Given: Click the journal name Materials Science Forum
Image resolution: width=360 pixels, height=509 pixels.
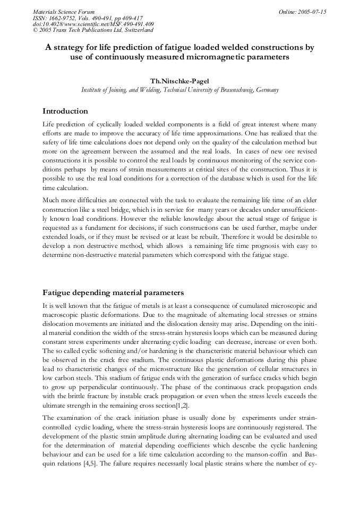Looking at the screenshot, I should pos(64,11).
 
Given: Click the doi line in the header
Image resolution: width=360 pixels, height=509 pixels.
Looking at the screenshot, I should pos(93,24).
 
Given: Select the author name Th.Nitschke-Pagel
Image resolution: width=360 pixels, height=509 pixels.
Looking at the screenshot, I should pos(179,81).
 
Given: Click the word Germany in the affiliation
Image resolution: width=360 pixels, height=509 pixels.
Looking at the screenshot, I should pos(267,90).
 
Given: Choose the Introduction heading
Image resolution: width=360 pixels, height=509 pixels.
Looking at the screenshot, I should pos(65,111).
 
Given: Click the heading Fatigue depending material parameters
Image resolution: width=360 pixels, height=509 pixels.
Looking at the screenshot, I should pos(113,292).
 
